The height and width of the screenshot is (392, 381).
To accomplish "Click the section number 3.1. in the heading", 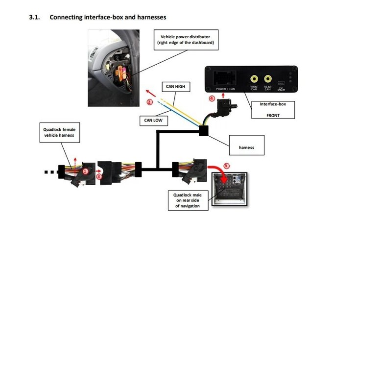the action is [x=34, y=17].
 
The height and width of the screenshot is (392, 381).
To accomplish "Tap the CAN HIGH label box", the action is [x=176, y=87].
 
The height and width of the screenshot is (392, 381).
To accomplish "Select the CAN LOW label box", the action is [x=153, y=121].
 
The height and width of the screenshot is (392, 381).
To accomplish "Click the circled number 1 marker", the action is [x=85, y=171].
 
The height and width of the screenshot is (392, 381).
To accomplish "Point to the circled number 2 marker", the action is [x=150, y=102].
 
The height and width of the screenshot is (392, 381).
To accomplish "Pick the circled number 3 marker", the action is [x=99, y=176].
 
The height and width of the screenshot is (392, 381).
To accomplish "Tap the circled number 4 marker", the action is [x=212, y=98].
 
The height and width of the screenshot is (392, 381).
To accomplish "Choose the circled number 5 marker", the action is [x=226, y=166].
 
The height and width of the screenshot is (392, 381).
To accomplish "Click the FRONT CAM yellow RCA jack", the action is [x=254, y=79].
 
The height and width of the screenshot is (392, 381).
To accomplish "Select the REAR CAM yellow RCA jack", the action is [x=268, y=79].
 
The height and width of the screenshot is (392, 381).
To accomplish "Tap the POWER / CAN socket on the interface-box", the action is [x=224, y=78].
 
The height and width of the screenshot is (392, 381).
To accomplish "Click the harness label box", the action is [x=247, y=145].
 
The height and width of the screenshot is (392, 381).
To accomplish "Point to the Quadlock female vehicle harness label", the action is [x=59, y=132].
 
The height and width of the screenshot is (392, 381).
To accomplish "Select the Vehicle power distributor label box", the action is [x=186, y=40].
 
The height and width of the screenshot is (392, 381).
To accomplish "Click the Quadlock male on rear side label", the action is [x=188, y=200].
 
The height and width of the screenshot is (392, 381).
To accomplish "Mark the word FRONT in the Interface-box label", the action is [x=273, y=116].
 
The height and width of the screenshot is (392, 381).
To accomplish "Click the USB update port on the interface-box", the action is [x=281, y=83].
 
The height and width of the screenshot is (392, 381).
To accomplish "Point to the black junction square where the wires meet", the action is [x=203, y=131].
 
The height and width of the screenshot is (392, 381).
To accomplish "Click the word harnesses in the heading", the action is [x=152, y=17].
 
